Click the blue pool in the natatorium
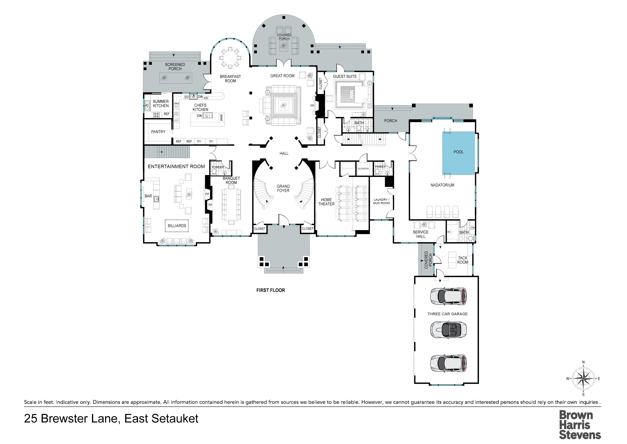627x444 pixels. (x=458, y=153)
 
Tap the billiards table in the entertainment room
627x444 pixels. (x=177, y=226)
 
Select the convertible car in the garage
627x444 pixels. (x=448, y=330)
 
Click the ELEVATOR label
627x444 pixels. (x=363, y=169)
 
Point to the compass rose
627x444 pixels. (x=583, y=379)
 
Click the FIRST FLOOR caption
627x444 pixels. (x=271, y=290)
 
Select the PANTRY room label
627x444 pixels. (x=158, y=132)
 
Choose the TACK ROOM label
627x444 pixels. (x=463, y=260)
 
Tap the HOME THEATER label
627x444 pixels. (x=326, y=202)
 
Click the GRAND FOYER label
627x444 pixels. (x=283, y=188)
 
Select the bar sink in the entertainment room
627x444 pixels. (x=156, y=199)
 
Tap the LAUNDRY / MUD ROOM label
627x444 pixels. (x=381, y=201)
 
